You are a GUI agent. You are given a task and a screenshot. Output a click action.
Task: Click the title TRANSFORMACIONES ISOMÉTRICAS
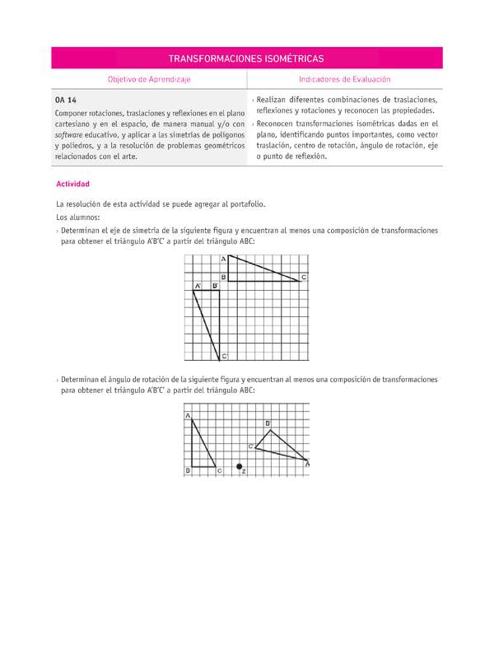[x=246, y=58]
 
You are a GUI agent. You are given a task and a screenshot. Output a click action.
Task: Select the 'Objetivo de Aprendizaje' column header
[x=149, y=79]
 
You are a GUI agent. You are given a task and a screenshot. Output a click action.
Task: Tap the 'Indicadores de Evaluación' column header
[x=345, y=79]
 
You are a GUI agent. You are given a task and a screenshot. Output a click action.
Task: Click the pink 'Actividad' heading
[x=72, y=184]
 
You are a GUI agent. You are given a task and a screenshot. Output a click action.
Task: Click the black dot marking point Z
[x=240, y=467]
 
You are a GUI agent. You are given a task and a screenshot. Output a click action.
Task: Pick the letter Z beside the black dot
[x=245, y=471]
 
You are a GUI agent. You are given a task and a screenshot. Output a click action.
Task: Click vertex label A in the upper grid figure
[x=223, y=259]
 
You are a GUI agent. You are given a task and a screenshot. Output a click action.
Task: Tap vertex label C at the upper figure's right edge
[x=304, y=278]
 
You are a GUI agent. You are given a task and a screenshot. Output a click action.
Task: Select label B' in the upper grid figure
[x=215, y=286]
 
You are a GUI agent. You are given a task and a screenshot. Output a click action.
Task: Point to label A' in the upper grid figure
[x=198, y=286]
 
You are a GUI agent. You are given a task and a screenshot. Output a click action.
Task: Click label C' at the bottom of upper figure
[x=224, y=356]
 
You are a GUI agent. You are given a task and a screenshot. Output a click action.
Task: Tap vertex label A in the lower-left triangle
[x=188, y=416]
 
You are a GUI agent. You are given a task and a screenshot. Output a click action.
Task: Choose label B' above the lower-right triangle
[x=268, y=423]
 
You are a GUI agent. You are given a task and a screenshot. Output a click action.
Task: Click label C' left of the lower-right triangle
[x=250, y=446]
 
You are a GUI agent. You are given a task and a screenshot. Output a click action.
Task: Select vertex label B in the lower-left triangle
[x=188, y=470]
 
